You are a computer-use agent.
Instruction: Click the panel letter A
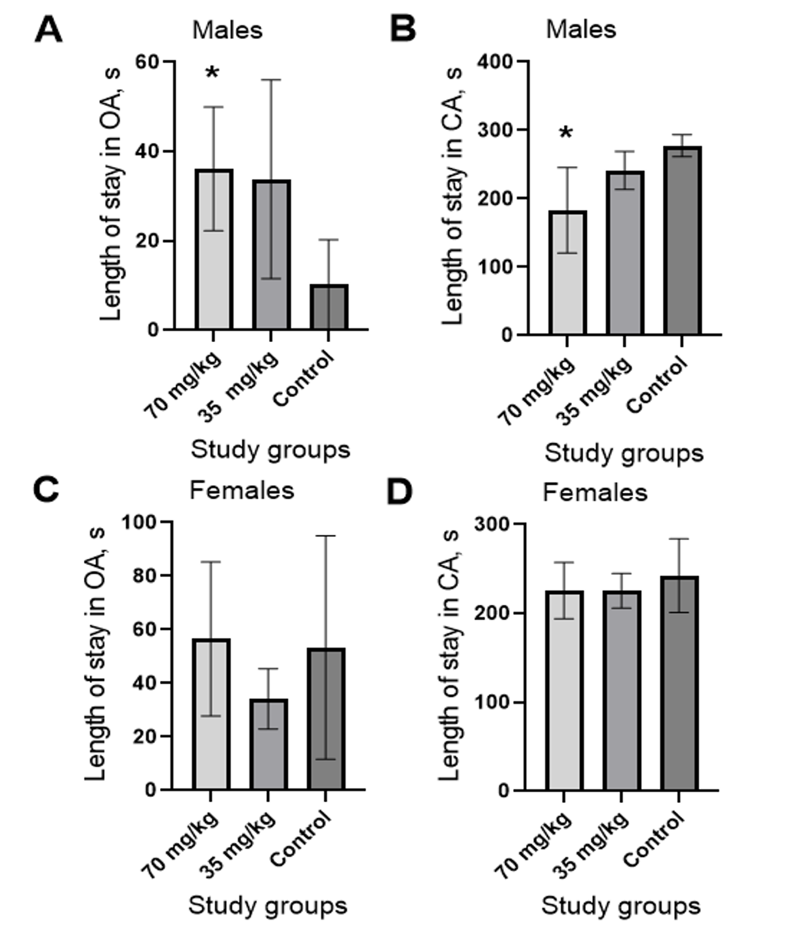pos(48,30)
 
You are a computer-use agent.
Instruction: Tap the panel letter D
pos(400,492)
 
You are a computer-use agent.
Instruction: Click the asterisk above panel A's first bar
pos(212,73)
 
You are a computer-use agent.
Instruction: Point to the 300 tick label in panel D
pos(492,524)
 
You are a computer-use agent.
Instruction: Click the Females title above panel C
pos(242,490)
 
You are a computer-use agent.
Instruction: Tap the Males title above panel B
pos(581,29)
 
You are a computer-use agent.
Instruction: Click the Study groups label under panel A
pos(271,449)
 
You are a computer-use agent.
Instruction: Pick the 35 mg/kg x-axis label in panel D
pos(592,846)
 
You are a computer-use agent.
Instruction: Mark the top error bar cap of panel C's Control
pos(326,536)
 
